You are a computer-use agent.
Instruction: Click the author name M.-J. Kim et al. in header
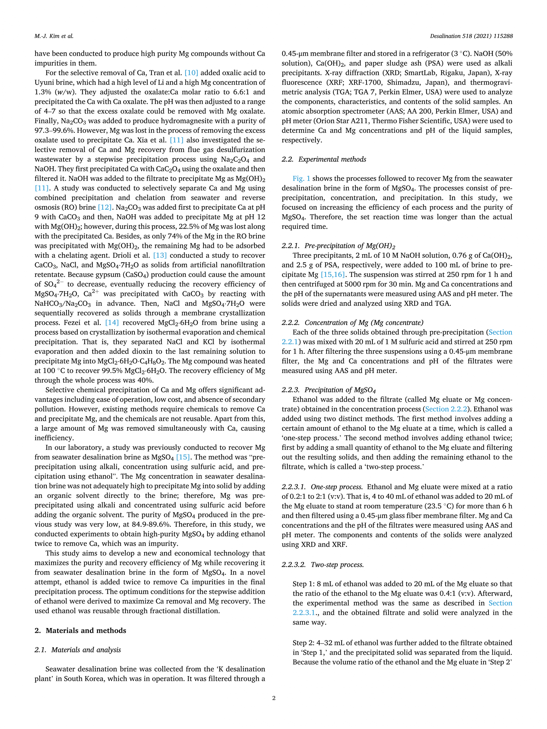tap(54, 36)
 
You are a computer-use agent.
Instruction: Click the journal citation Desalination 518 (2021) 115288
tap(471, 36)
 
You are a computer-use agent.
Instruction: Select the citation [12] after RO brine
tap(104, 207)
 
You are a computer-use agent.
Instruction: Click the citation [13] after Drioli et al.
tap(160, 255)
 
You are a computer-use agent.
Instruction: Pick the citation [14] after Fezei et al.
tap(112, 323)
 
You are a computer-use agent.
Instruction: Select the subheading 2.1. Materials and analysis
tap(78, 650)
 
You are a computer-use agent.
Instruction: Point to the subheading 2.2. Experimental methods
tap(324, 159)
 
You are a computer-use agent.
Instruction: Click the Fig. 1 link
tap(301, 179)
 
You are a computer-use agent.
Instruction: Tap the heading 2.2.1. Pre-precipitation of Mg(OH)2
tap(338, 246)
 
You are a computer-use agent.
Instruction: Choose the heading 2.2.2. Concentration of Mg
tap(352, 323)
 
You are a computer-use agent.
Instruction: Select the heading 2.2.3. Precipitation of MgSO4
tap(329, 390)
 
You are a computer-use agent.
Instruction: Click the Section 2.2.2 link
tap(446, 409)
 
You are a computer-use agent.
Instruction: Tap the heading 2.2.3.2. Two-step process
tap(323, 564)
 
